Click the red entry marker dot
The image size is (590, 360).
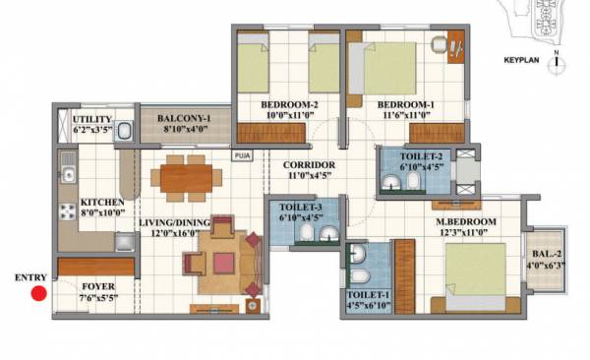coord(38,292)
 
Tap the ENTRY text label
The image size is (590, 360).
coord(29,277)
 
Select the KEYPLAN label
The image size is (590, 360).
coord(523,59)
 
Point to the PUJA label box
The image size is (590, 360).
coord(242,154)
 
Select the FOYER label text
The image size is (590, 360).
coord(96,289)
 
